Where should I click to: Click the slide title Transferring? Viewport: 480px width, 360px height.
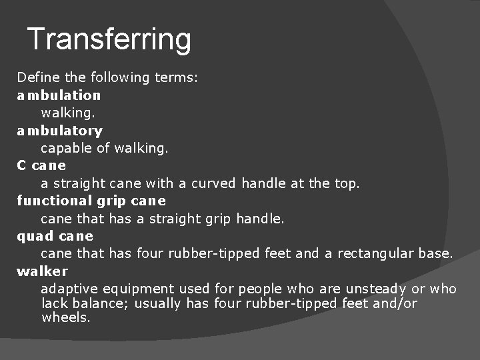(109, 39)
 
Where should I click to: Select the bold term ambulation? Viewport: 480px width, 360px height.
(59, 95)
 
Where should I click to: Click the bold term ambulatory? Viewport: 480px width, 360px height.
(59, 131)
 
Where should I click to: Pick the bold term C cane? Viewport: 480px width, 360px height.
(41, 165)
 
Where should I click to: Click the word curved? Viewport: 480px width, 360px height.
(213, 183)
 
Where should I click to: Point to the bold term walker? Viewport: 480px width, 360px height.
(42, 271)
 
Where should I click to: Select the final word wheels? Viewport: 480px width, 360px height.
(65, 317)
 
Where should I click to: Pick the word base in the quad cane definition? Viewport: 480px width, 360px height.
(437, 253)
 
